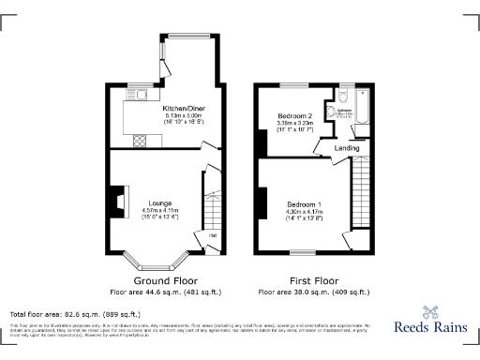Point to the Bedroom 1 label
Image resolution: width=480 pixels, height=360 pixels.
click(304, 204)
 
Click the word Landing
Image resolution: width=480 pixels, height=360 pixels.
click(347, 148)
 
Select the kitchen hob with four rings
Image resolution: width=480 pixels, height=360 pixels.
click(141, 141)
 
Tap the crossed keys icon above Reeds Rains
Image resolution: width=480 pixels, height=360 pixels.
click(433, 312)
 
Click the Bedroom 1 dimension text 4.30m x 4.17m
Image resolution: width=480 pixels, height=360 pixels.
click(304, 212)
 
